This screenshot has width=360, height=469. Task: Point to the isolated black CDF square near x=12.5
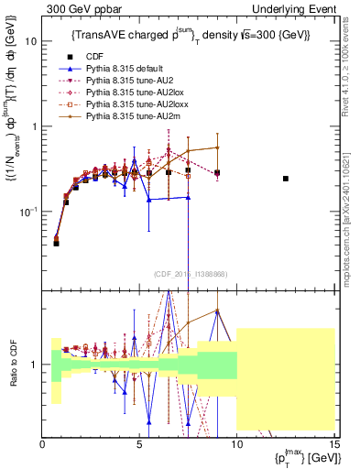pos(286,179)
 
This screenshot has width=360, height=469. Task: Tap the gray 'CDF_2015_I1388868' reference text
pos(188,274)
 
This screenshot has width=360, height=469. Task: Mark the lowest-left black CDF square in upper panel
pos(56,243)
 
